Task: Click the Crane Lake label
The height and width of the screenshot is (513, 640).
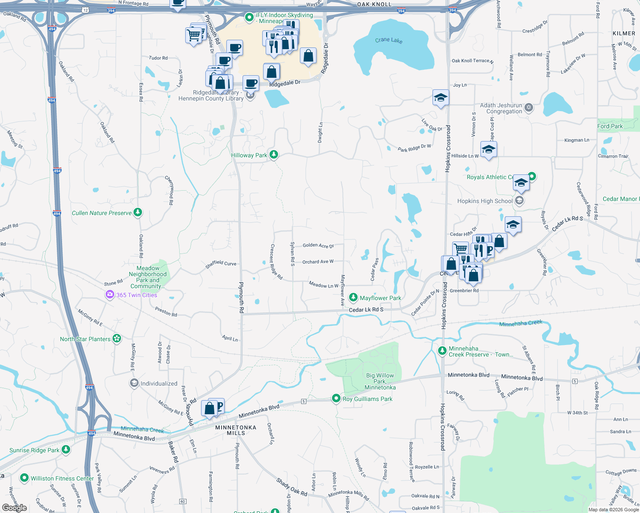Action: [x=388, y=40]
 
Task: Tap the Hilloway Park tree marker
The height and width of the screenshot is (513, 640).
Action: [x=274, y=155]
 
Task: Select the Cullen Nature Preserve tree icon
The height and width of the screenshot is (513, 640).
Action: [x=138, y=212]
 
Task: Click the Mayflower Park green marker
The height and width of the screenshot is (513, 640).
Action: [x=353, y=298]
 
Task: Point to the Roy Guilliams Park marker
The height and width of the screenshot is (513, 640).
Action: [x=336, y=398]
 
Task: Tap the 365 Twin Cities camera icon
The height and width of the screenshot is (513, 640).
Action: [x=110, y=295]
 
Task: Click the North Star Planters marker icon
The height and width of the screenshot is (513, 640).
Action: [x=117, y=339]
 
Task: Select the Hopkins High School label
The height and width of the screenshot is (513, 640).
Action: [x=485, y=201]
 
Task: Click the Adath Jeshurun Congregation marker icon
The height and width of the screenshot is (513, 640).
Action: [x=529, y=107]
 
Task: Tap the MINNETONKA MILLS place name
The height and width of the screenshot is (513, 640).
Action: [x=236, y=430]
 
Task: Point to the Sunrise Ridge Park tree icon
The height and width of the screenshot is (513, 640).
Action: [x=65, y=450]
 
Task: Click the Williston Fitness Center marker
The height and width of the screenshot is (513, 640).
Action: [x=24, y=478]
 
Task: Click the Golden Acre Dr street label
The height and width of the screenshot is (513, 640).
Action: [x=318, y=245]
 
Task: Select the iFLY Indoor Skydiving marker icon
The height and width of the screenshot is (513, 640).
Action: [x=249, y=18]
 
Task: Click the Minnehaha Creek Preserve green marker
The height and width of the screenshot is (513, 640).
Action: [x=442, y=351]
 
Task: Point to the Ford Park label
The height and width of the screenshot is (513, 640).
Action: [x=610, y=126]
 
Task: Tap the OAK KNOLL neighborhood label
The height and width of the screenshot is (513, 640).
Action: [x=374, y=4]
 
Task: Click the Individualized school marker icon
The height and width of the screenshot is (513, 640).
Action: [x=134, y=383]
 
